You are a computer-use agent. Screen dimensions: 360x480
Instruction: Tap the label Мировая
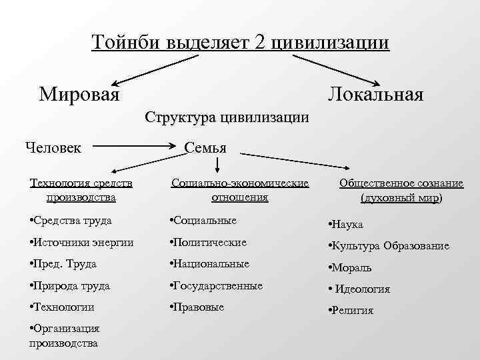[x=79, y=93]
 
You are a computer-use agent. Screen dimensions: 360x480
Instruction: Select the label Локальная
[x=375, y=93]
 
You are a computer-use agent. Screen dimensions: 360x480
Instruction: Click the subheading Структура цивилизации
[x=227, y=118]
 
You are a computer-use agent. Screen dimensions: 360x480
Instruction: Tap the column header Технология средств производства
[x=81, y=190]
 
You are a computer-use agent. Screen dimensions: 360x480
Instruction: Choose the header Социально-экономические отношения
[x=240, y=190]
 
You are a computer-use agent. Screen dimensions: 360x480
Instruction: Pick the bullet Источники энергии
[x=83, y=243]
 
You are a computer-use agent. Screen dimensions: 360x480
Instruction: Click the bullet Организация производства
[x=65, y=335]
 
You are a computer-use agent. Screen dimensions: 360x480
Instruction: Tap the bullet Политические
[x=209, y=243]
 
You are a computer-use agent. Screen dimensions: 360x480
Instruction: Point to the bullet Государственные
[x=217, y=285]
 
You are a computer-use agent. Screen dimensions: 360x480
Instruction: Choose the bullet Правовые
[x=198, y=307]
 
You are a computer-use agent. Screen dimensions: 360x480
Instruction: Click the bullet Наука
[x=347, y=225]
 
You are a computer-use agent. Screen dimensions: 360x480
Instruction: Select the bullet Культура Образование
[x=389, y=246]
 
